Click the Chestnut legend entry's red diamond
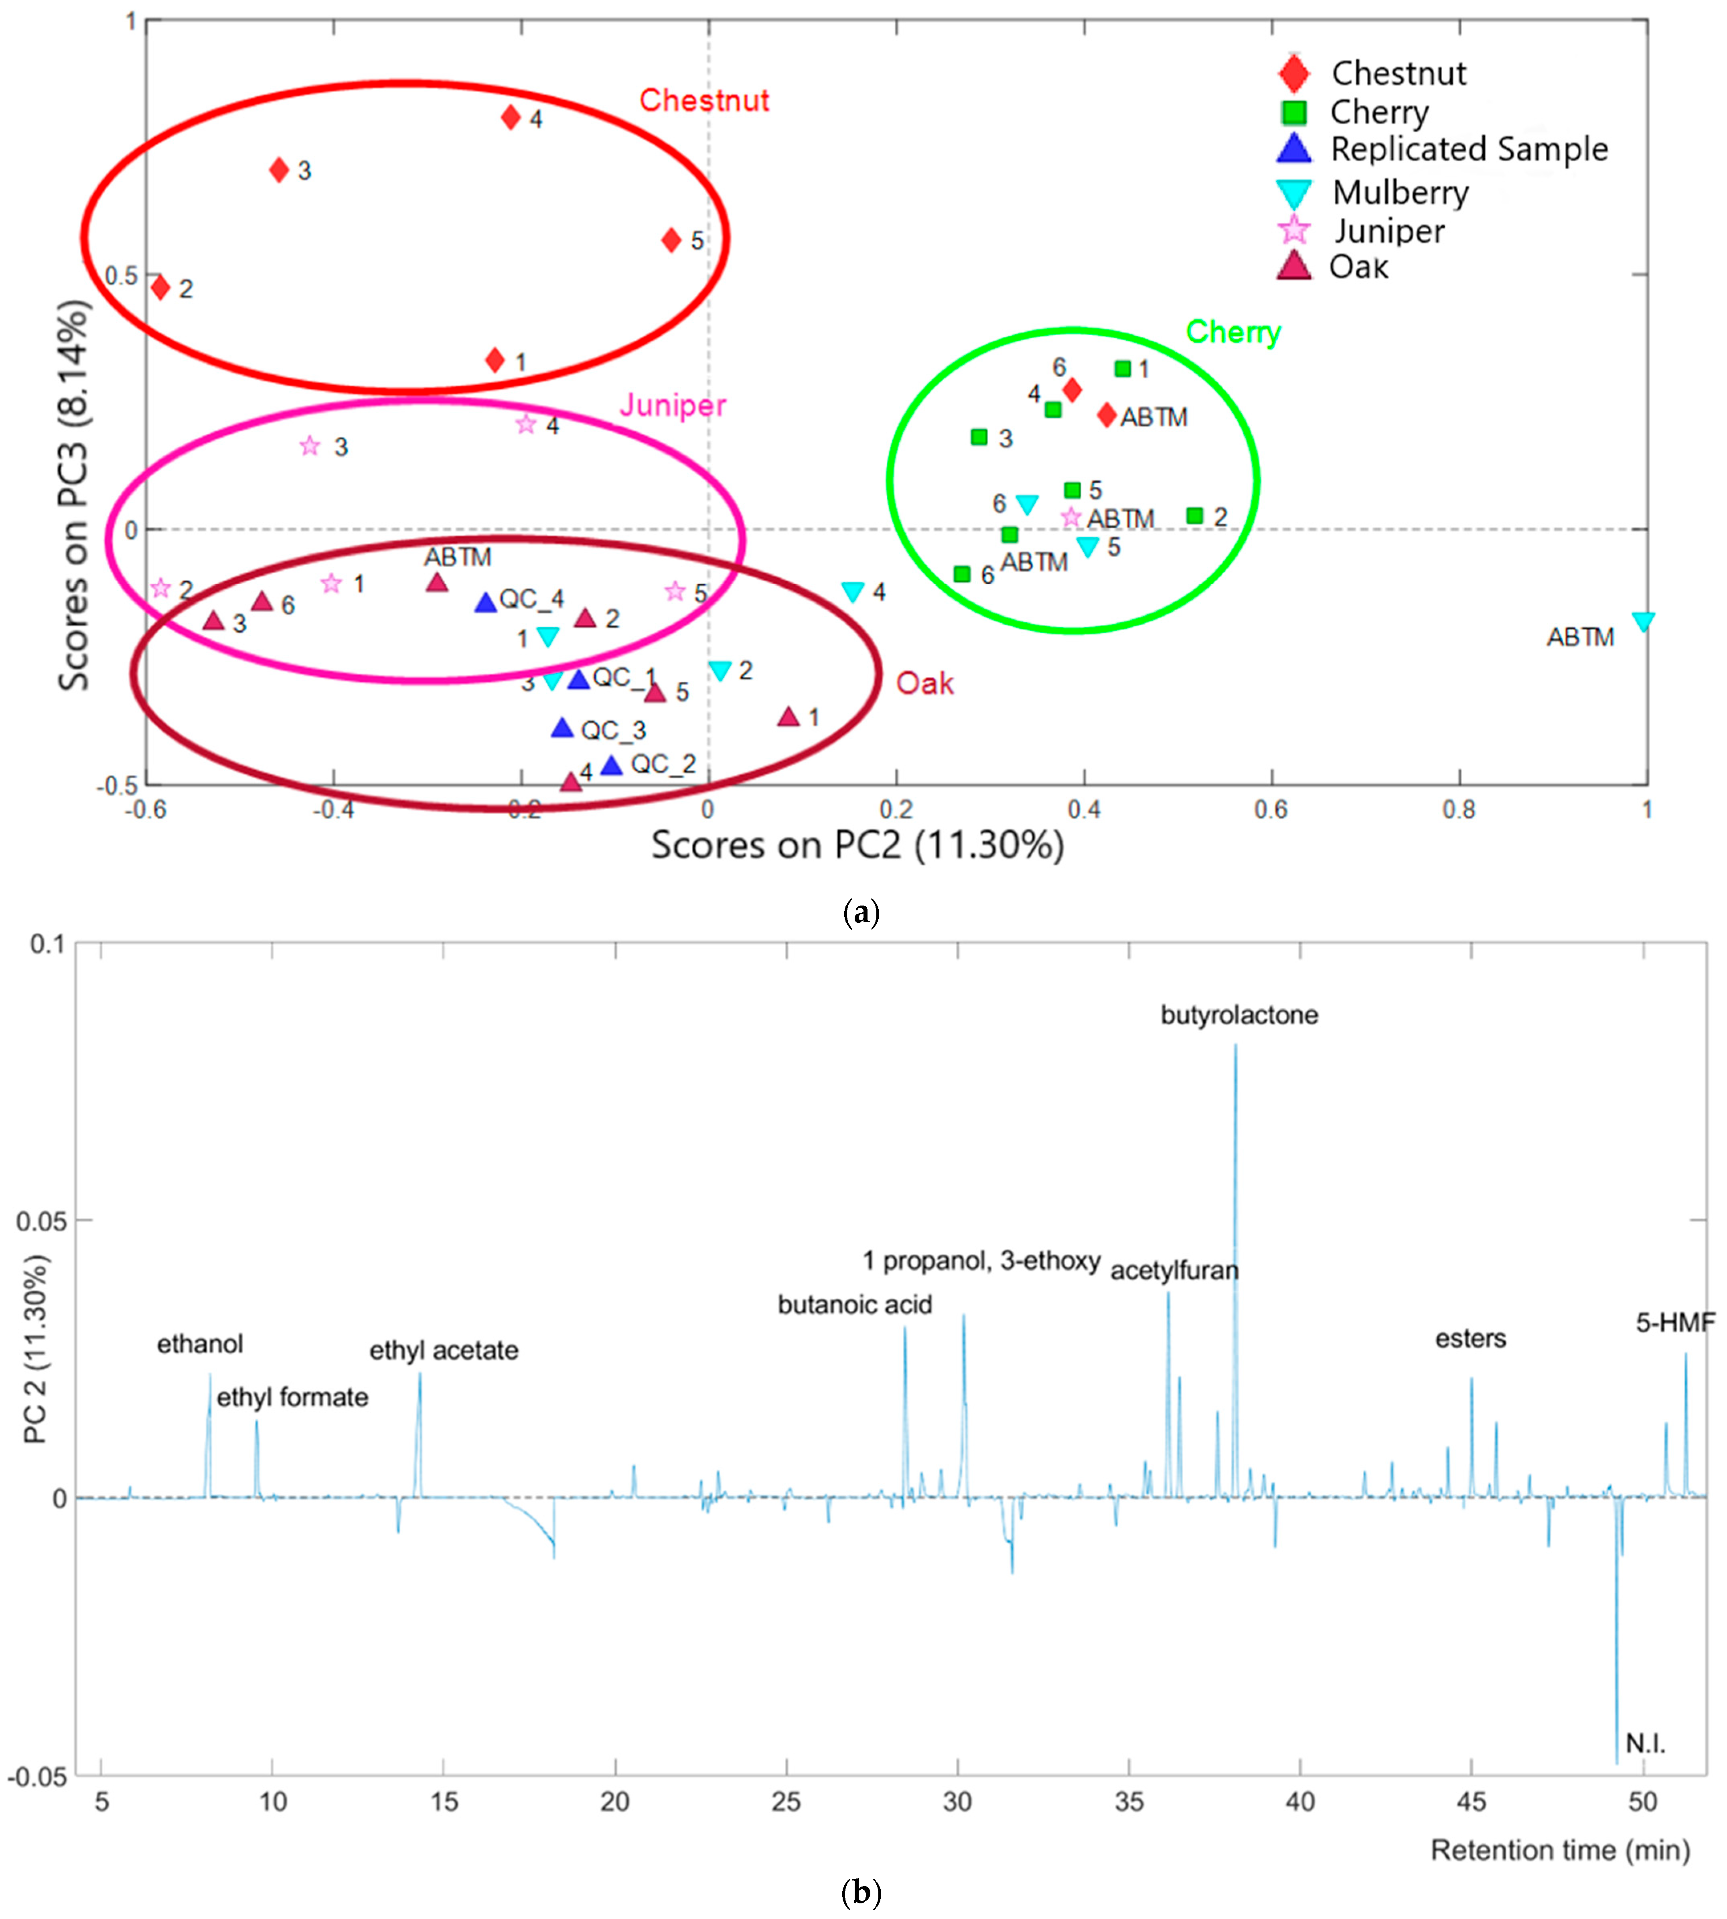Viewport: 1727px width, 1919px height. [1293, 73]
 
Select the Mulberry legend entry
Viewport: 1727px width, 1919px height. [1400, 193]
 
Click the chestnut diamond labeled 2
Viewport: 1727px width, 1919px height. [160, 286]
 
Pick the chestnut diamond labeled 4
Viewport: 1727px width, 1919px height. [511, 118]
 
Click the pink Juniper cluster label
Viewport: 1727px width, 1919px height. [673, 406]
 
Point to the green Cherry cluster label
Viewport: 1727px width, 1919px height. [1232, 332]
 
